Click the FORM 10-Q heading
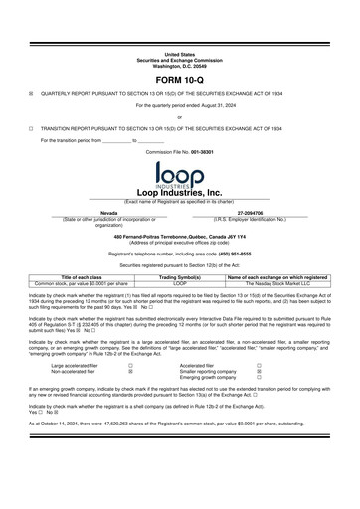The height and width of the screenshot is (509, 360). (180, 79)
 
